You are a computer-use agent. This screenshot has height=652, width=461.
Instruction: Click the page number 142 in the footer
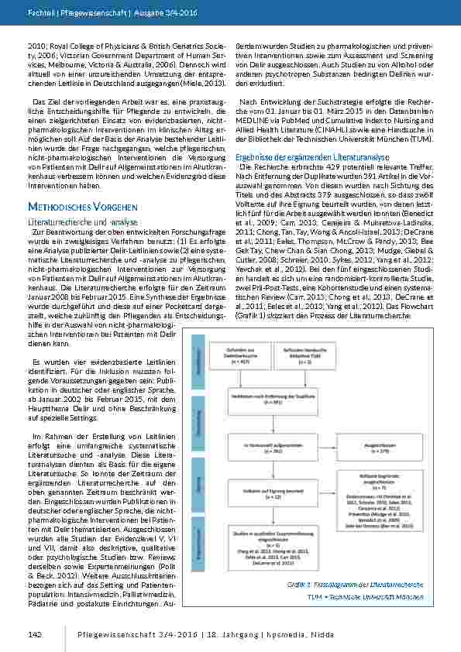click(34, 633)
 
